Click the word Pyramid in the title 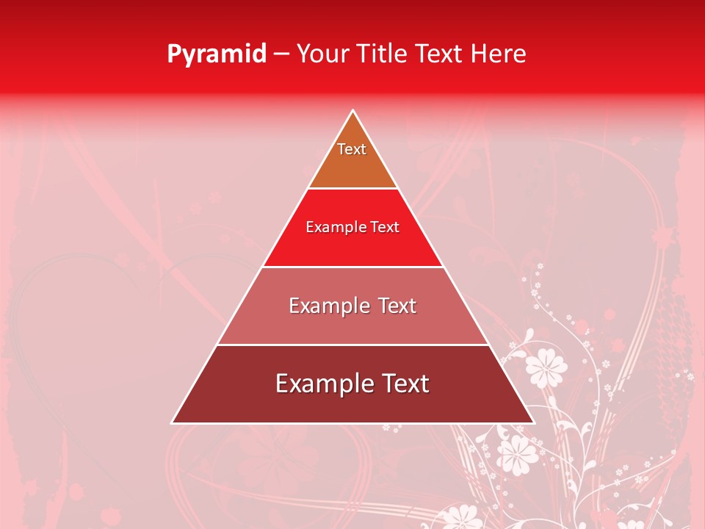click(217, 54)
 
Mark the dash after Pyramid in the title click(281, 54)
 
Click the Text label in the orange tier click(352, 149)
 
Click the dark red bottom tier click(352, 404)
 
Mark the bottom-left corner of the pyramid click(173, 422)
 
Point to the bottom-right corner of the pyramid click(533, 422)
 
